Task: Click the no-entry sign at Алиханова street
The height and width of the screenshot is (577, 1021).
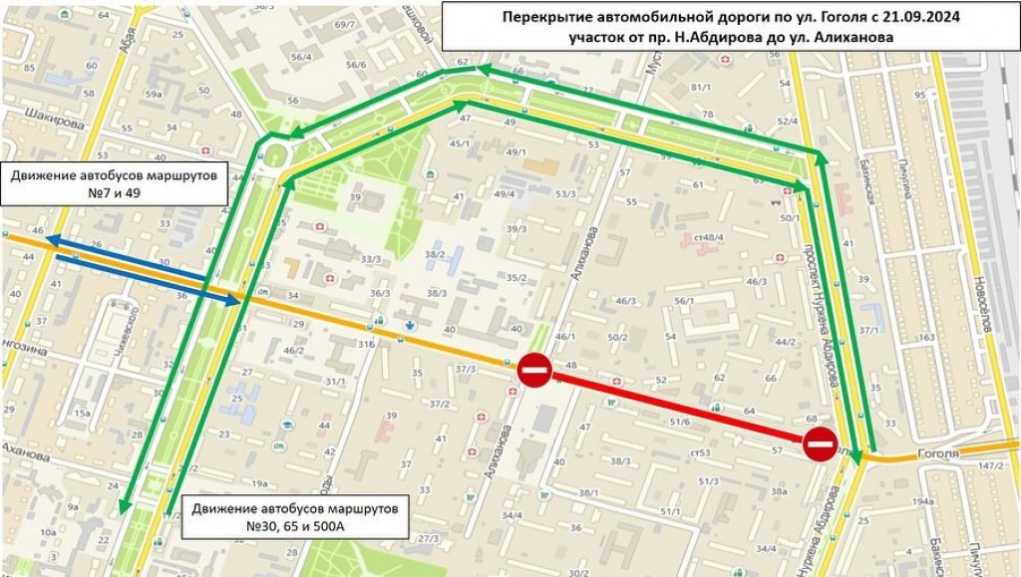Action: [x=534, y=370]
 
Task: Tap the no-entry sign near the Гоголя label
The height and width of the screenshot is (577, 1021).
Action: [x=820, y=443]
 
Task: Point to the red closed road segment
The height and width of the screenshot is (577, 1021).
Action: [x=677, y=407]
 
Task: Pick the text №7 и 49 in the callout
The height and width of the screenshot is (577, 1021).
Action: [x=118, y=193]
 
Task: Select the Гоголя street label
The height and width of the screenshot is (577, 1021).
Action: [x=937, y=453]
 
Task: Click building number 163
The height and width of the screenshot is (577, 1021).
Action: [x=926, y=338]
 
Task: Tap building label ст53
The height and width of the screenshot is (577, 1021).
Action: [x=700, y=453]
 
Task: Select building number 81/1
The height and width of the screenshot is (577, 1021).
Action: [x=701, y=88]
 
